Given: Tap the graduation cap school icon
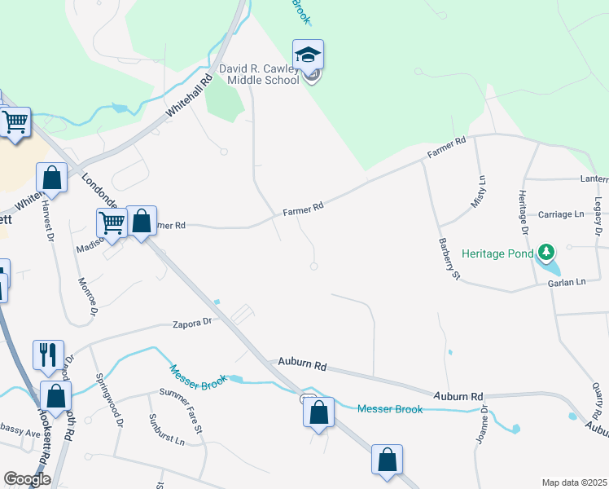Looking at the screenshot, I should point(308,55).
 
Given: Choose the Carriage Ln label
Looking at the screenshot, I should point(562,214).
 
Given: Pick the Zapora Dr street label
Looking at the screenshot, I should point(192,323).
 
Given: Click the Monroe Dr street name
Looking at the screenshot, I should point(86,297).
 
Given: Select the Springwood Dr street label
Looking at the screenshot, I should point(109,400).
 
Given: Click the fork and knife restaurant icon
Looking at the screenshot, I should point(46,354).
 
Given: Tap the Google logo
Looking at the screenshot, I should point(27,479).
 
